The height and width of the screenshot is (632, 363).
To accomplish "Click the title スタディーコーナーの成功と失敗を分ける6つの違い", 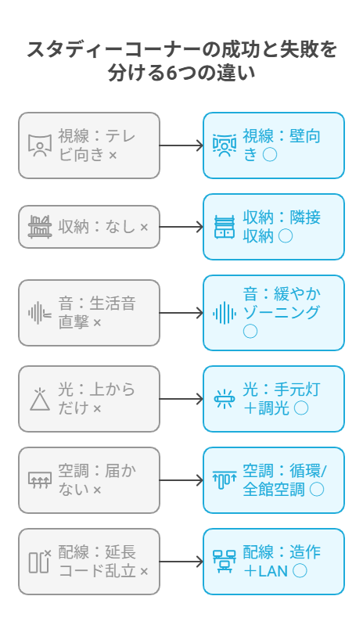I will (181, 60).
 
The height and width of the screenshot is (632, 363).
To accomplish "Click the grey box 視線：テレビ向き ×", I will (89, 145).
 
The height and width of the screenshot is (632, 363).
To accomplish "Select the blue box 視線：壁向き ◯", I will (274, 145).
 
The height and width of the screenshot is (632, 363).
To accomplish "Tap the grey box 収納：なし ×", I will (89, 227).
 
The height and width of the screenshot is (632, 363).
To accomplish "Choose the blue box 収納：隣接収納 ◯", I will (274, 227).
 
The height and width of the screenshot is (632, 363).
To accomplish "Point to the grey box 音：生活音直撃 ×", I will (89, 313).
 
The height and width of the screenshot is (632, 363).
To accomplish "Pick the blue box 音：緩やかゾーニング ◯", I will (274, 313).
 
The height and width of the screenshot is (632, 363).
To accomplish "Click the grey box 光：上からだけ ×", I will (89, 399).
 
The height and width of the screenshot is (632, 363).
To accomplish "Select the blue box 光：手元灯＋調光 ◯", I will (274, 399).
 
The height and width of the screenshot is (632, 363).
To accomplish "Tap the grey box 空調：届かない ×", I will (89, 480).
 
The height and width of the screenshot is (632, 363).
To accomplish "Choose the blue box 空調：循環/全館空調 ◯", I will (274, 480).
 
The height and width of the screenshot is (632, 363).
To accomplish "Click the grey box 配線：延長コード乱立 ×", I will (89, 562).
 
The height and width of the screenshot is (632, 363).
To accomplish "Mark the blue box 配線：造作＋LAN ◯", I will (274, 562).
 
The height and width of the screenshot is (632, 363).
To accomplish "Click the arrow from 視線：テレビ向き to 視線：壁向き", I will (181, 145).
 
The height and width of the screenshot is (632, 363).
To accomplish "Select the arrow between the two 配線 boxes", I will (181, 562).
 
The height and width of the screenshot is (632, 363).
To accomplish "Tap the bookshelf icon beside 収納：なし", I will (40, 227).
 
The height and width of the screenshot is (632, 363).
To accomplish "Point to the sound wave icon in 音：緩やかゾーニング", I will (225, 313).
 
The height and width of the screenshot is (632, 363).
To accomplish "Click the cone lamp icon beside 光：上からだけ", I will (40, 400).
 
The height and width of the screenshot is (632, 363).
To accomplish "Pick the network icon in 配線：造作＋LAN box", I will (225, 562).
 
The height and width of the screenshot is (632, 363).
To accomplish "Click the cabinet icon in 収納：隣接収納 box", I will (225, 227).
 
